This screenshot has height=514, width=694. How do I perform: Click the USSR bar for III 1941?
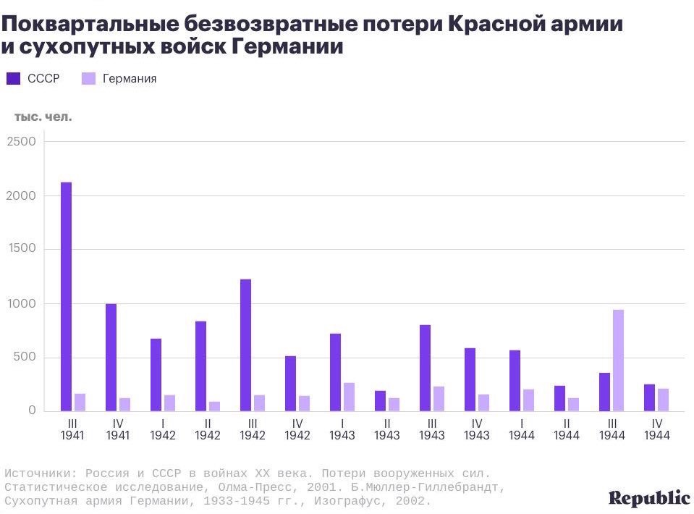tap(66, 297)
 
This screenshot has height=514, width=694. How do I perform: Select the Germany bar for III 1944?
tap(618, 361)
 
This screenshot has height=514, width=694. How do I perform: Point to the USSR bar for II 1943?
tap(380, 401)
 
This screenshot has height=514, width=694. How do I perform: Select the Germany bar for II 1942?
tap(214, 406)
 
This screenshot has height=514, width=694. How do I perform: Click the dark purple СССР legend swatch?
tap(13, 78)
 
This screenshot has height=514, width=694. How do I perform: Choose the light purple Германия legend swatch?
tap(88, 78)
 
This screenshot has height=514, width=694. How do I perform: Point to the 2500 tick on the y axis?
tap(21, 142)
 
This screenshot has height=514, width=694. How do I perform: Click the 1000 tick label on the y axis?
tap(21, 304)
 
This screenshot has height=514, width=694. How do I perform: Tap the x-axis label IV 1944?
tap(656, 429)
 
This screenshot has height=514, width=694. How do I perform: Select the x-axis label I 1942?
tap(162, 429)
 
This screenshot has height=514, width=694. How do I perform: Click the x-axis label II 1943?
tap(386, 429)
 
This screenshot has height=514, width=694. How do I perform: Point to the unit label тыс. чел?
tap(43, 116)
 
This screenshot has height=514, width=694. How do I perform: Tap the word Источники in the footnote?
tap(35, 473)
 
